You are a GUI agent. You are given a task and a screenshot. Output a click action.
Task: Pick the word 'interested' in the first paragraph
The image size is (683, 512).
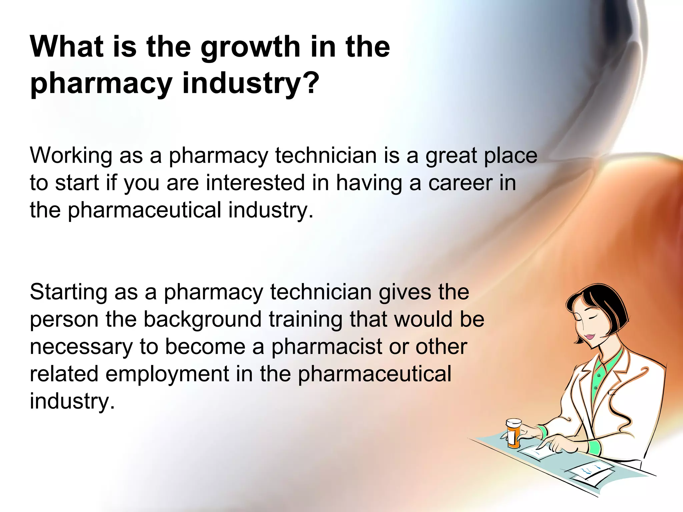point(255,183)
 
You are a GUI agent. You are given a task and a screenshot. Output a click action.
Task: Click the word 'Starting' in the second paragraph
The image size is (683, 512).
point(68,292)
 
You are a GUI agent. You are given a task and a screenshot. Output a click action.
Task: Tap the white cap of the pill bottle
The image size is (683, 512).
point(514,423)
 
